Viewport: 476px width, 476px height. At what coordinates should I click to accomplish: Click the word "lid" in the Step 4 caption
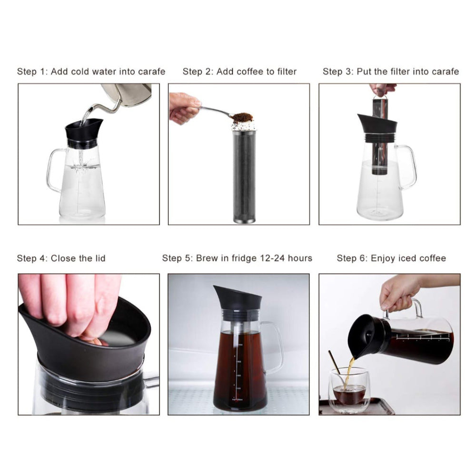[x=100, y=258]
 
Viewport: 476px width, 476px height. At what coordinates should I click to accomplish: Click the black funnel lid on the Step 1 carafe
[x=83, y=129]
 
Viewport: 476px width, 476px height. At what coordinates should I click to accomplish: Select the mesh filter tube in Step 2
[x=244, y=176]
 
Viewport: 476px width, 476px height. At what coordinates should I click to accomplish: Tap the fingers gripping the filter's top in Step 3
[x=382, y=89]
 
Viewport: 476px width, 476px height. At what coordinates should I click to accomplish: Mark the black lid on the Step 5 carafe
[x=238, y=298]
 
